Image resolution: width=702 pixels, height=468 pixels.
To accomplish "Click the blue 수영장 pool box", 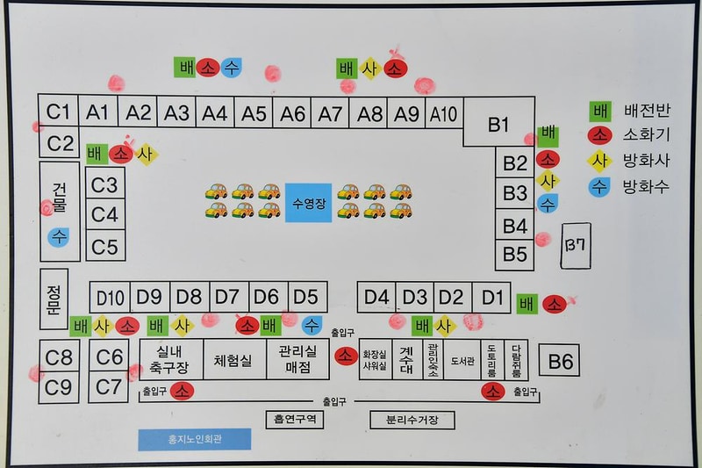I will point(308,203).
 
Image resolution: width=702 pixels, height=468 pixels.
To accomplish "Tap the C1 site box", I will point(58,112).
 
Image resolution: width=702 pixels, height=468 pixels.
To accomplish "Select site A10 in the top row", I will point(443,112).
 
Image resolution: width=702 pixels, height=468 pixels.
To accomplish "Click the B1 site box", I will point(498,125).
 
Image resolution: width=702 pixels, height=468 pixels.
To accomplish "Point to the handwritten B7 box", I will point(576,244).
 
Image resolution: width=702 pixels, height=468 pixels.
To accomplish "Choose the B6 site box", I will point(562,360).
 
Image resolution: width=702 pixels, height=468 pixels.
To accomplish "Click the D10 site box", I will point(110,296).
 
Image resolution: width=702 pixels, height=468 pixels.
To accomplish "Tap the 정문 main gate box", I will point(54,299).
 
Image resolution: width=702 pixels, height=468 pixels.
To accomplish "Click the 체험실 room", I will point(233,359).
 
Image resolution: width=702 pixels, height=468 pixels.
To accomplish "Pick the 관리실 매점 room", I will point(297,359).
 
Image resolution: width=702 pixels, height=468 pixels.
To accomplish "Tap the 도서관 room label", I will point(462,360).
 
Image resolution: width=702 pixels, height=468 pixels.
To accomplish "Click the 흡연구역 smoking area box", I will point(294,420).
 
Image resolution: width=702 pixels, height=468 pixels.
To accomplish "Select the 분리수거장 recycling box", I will point(412,420).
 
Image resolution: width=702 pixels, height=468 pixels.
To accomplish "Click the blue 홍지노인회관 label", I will point(194,439).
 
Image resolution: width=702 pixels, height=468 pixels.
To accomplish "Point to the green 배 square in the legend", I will point(601,112).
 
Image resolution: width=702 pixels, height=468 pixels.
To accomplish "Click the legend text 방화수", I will point(645,186).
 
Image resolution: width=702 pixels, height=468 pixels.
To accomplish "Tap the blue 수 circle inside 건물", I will point(59,236).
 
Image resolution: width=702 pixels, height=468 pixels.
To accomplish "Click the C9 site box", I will point(59,385).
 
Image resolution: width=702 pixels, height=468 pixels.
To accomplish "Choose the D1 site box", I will point(494,296).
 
